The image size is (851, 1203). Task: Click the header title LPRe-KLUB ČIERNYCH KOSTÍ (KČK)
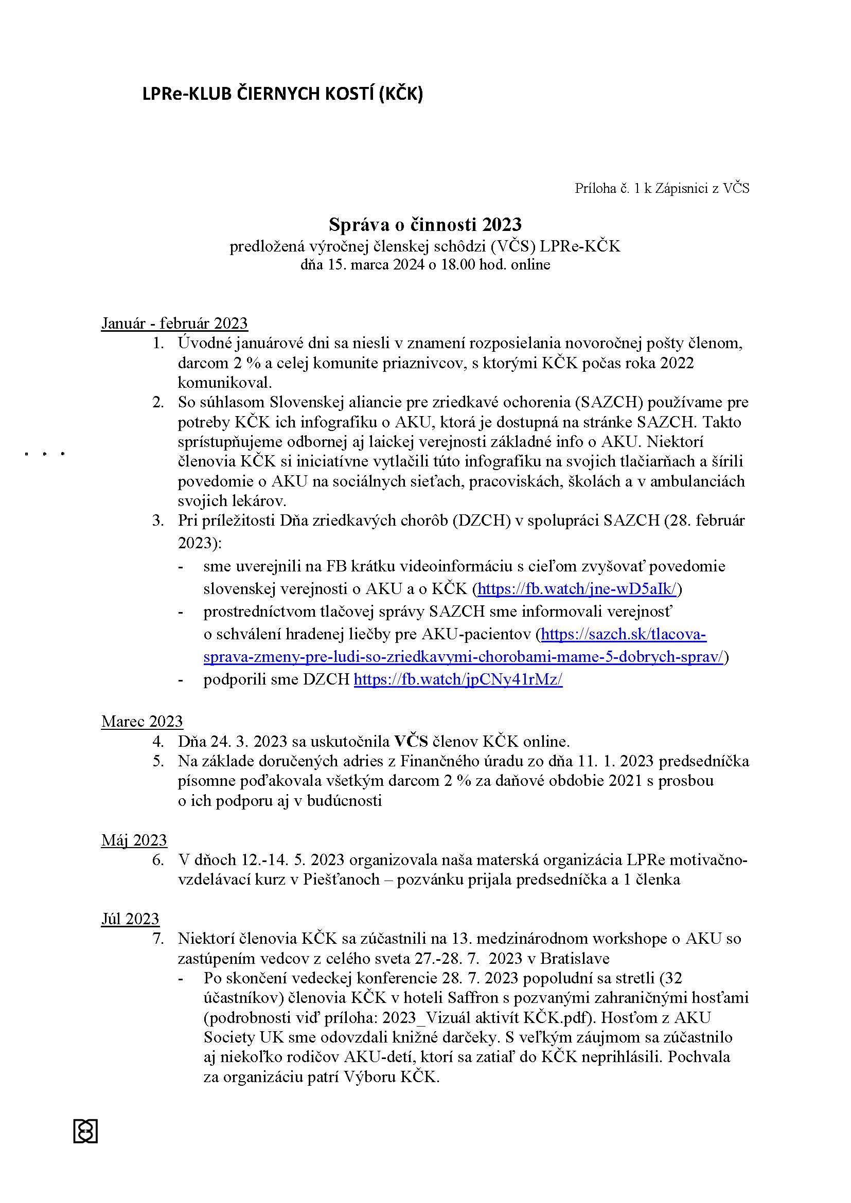coord(282,94)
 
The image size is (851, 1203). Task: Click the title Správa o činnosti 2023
coord(425,224)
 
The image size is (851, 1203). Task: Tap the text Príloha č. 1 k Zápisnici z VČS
coord(662,188)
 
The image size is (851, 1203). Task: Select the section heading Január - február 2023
coord(174,324)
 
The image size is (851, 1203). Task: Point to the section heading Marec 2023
coord(142,722)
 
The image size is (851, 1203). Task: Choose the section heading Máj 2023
coord(134,840)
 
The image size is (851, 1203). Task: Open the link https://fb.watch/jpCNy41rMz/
coord(458,679)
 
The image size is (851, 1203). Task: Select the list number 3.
coord(158,521)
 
